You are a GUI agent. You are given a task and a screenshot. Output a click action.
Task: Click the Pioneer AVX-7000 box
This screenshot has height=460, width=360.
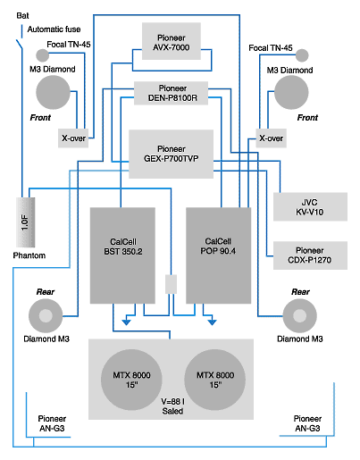click(x=172, y=41)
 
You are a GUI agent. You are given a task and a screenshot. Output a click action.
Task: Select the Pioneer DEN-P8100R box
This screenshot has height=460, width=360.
click(x=171, y=93)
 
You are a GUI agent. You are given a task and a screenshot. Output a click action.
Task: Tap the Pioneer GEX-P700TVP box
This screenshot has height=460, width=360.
click(x=171, y=154)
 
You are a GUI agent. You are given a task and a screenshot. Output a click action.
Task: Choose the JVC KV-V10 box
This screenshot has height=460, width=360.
click(x=310, y=206)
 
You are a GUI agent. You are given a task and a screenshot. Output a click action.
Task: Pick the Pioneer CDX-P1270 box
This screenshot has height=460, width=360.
click(x=310, y=255)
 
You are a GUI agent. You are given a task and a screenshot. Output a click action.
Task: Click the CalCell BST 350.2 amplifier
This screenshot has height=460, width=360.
click(x=122, y=255)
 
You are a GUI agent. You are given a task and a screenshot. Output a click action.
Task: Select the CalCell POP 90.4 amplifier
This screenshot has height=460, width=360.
click(x=219, y=255)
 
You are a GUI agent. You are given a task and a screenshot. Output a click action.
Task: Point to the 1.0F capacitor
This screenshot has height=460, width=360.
click(x=25, y=222)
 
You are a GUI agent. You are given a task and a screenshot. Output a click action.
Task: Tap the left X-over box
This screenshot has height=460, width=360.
click(x=73, y=138)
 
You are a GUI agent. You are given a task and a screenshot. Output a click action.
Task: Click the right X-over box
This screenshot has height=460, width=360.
click(x=272, y=138)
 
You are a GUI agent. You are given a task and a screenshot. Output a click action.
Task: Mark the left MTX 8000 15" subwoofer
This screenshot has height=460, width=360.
click(x=131, y=380)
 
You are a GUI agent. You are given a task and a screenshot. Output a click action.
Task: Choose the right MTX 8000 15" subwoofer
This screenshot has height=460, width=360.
click(x=215, y=380)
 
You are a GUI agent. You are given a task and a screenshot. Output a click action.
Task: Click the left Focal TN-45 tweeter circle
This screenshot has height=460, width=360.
click(x=43, y=55)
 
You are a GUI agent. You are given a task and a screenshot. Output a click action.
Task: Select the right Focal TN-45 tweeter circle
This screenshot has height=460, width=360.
click(x=302, y=55)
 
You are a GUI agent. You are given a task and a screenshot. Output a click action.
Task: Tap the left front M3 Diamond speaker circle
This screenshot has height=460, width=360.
click(x=53, y=92)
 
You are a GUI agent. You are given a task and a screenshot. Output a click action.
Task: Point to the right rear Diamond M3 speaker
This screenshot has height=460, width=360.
click(x=299, y=316)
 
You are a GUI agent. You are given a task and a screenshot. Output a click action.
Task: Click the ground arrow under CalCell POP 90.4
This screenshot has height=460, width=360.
click(x=212, y=322)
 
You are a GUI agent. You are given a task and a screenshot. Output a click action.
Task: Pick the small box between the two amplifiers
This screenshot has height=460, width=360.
click(x=171, y=284)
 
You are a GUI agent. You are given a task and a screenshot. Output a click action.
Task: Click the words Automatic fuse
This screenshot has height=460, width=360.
click(x=54, y=29)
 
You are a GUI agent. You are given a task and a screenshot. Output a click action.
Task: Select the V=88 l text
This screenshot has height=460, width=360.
click(x=172, y=402)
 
